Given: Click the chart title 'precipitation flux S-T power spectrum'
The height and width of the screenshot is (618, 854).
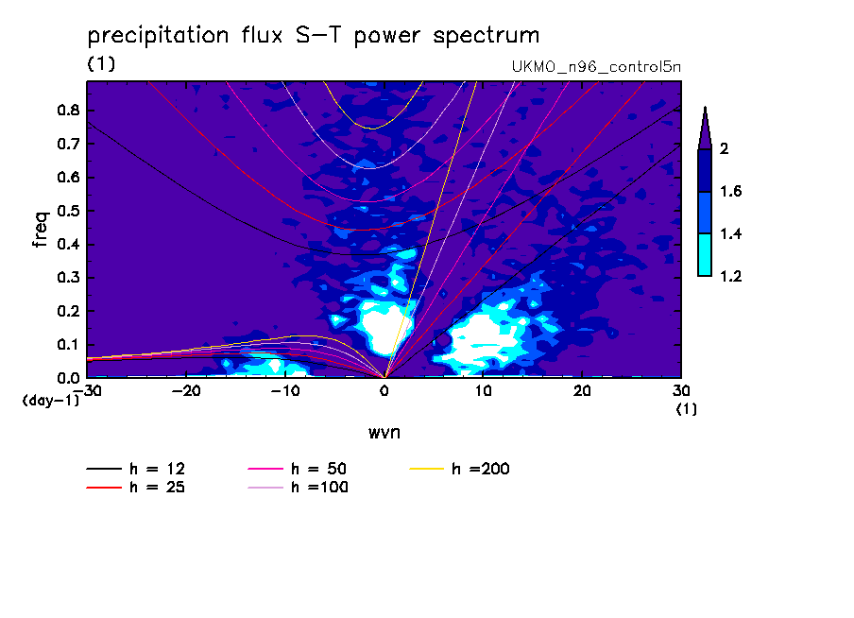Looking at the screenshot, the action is point(314,36).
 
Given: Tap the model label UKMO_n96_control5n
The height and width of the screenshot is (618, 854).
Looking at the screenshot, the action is point(596,66).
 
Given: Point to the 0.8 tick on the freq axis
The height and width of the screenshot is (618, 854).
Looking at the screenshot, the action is point(68,110).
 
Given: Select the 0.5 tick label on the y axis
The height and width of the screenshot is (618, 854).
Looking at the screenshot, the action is point(68,211).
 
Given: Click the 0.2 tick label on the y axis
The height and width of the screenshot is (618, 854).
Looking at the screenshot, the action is point(68,311).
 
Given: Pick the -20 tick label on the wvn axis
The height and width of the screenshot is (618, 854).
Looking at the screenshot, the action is point(186,391).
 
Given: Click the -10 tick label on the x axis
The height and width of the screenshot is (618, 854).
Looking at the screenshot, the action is point(285,391).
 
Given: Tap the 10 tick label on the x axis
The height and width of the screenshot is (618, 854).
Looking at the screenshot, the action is point(483,391).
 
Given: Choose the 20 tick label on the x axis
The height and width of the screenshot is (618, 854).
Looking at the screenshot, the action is point(582,391).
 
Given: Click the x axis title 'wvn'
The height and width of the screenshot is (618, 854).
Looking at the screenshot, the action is point(384,433).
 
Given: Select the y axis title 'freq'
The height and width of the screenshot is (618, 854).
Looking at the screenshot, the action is point(41,230).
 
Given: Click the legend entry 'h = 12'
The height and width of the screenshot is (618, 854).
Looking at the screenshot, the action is point(136,469).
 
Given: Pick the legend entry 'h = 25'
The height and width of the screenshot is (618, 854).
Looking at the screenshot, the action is point(136,487).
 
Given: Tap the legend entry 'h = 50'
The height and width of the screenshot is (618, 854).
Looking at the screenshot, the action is point(298,469).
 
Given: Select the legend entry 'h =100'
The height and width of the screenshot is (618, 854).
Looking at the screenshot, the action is point(298,487).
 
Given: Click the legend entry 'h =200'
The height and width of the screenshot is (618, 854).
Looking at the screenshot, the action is point(460,469).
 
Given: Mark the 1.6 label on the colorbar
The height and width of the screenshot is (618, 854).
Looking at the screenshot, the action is point(730,191).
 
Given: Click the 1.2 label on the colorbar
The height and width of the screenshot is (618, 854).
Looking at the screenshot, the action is point(730,276).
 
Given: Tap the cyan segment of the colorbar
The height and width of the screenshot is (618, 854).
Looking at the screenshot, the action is point(705,254).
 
